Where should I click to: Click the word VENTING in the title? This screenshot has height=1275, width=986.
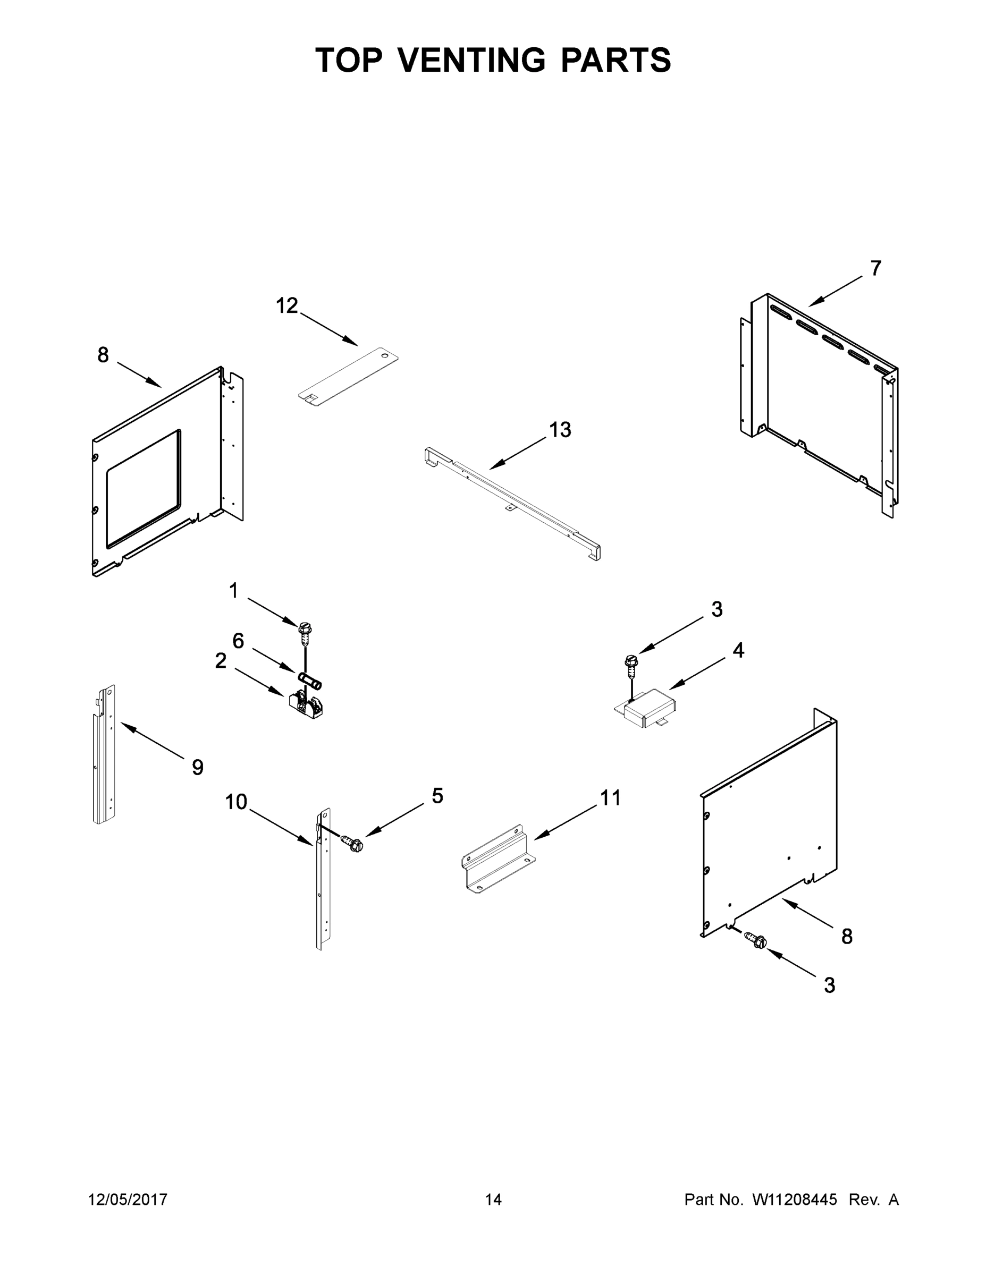pyautogui.click(x=473, y=60)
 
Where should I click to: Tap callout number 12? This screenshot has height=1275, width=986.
pyautogui.click(x=287, y=306)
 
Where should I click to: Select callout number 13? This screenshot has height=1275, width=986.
pyautogui.click(x=560, y=430)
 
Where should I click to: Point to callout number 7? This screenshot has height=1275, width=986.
pyautogui.click(x=875, y=268)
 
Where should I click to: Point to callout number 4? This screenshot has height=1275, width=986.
pyautogui.click(x=738, y=650)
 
